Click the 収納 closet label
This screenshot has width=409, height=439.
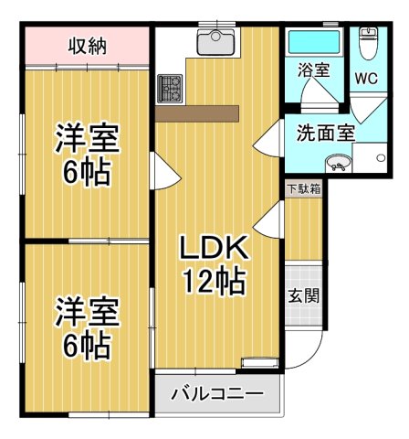pyautogui.click(x=89, y=45)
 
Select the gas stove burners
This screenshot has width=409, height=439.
pyautogui.click(x=169, y=88)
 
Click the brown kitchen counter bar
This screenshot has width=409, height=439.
pyautogui.click(x=196, y=114)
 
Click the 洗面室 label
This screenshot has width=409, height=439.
pyautogui.click(x=325, y=132)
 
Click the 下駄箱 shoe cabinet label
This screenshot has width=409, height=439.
pyautogui.click(x=303, y=189)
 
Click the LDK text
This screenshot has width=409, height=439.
pyautogui.click(x=213, y=247)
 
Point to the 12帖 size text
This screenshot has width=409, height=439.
pyautogui.click(x=214, y=282)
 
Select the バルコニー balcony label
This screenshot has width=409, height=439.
pyautogui.click(x=217, y=394)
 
